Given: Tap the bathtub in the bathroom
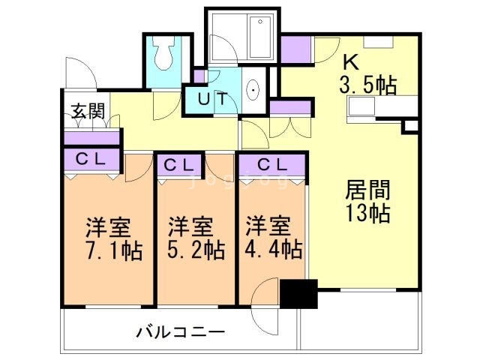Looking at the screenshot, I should [x=241, y=35].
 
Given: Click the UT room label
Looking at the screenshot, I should [x=213, y=97].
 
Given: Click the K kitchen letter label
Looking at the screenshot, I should [x=350, y=61].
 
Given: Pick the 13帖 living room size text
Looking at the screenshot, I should [x=367, y=213].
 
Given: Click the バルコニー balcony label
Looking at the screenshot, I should [x=180, y=331].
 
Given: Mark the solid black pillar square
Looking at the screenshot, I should [x=299, y=293].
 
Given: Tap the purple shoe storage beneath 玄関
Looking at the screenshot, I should [x=92, y=138].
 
